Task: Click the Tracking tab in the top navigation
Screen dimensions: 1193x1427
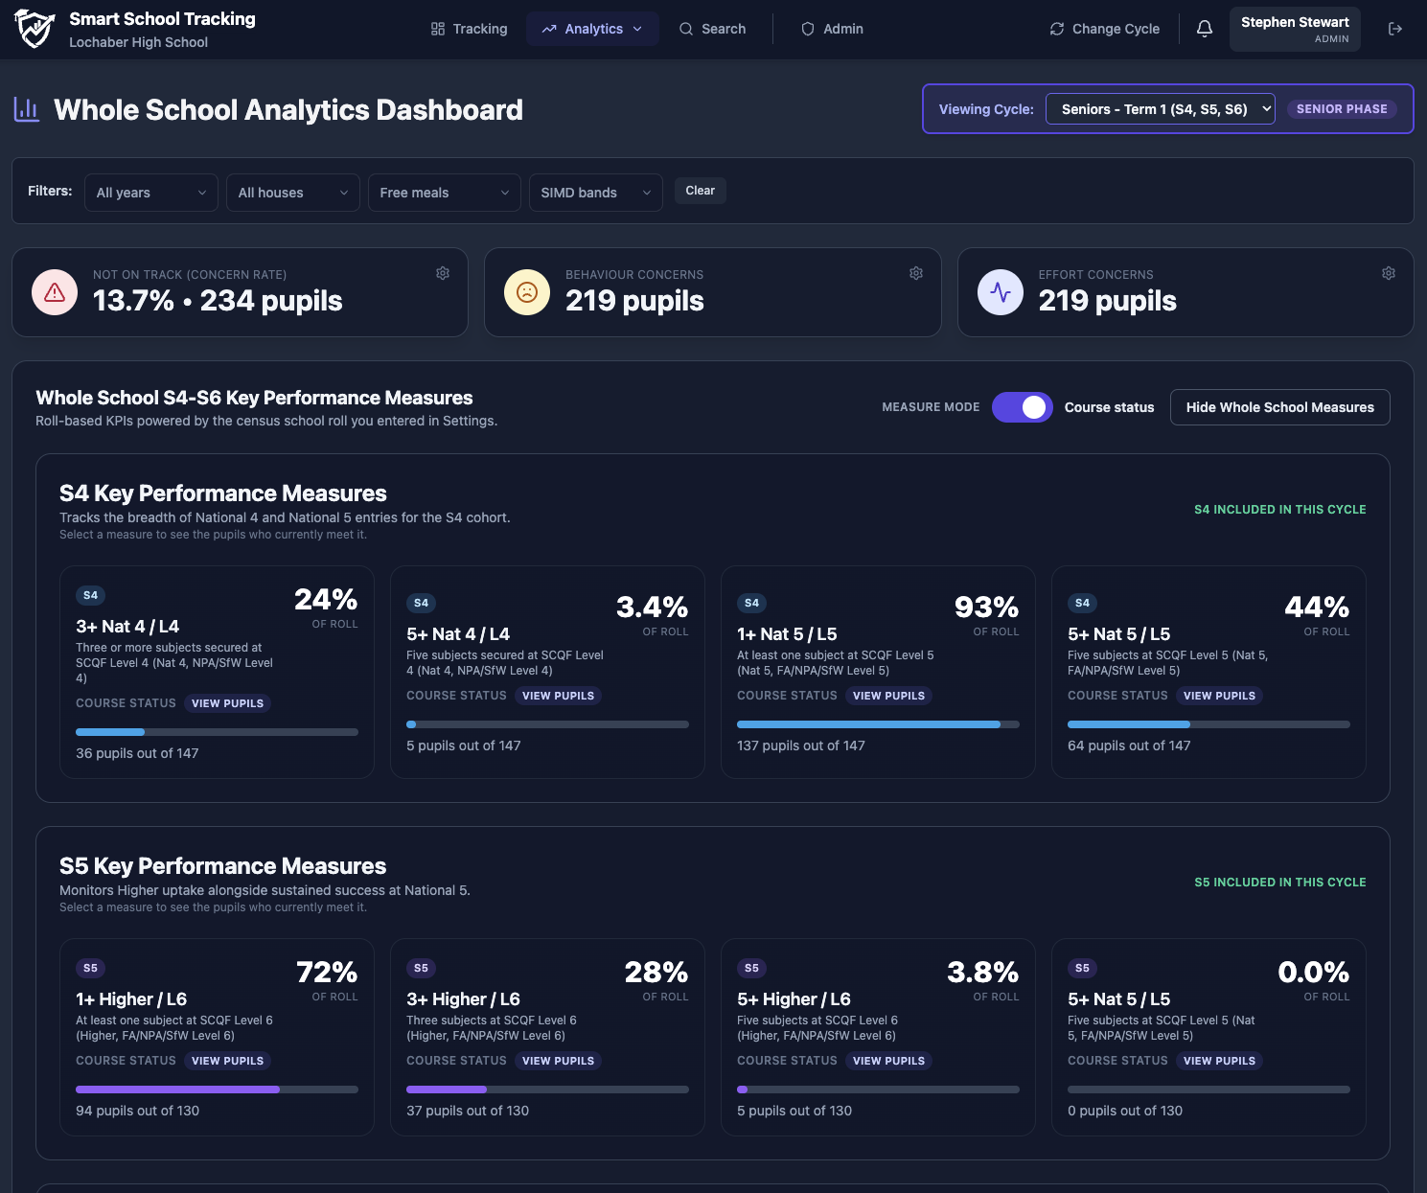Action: (x=470, y=29)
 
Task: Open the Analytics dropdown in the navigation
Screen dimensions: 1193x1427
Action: (x=592, y=29)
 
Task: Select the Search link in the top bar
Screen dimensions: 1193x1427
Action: (x=712, y=29)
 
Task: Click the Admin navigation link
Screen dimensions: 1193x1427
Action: (x=832, y=29)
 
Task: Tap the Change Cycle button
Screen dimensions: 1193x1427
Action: (x=1104, y=29)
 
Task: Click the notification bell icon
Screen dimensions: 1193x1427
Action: (x=1205, y=29)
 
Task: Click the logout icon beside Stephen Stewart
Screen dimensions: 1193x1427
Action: (x=1395, y=29)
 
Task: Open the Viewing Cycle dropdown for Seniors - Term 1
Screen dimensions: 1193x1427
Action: (x=1160, y=109)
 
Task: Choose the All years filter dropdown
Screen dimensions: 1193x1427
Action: (x=151, y=193)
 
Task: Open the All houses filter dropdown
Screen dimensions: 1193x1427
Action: (x=293, y=193)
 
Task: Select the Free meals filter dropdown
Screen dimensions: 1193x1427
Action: (x=445, y=193)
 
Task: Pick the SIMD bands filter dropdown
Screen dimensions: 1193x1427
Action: (x=596, y=193)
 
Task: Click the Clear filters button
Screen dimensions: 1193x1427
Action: (x=701, y=191)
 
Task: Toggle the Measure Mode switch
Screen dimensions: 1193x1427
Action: (x=1022, y=407)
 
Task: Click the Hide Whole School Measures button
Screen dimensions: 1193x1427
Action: (x=1279, y=407)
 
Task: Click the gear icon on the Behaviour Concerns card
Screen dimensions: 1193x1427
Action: (x=916, y=273)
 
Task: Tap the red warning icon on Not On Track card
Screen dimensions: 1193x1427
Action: (x=55, y=292)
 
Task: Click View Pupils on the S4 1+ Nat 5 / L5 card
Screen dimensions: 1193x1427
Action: (x=888, y=696)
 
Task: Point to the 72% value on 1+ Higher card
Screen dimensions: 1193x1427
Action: (x=327, y=973)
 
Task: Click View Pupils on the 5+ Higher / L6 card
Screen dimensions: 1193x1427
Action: (x=888, y=1061)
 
